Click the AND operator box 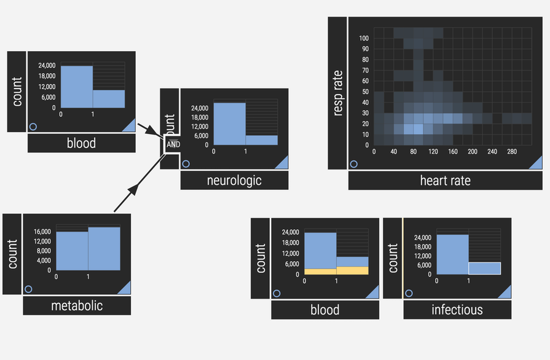pos(173,144)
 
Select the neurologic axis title pos(234,180)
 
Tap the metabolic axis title pos(77,305)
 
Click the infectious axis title pos(457,310)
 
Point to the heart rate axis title pos(445,180)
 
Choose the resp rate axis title pos(337,93)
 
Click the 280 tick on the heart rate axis pos(511,151)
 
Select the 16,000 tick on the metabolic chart pos(42,232)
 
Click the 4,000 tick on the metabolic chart pos(44,260)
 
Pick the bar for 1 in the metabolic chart pos(104,249)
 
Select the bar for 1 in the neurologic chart pos(261,140)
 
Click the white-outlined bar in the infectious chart pos(484,268)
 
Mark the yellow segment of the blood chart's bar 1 pos(352,270)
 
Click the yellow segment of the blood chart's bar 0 pos(320,272)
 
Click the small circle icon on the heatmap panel pos(353,164)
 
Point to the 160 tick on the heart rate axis pos(452,151)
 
